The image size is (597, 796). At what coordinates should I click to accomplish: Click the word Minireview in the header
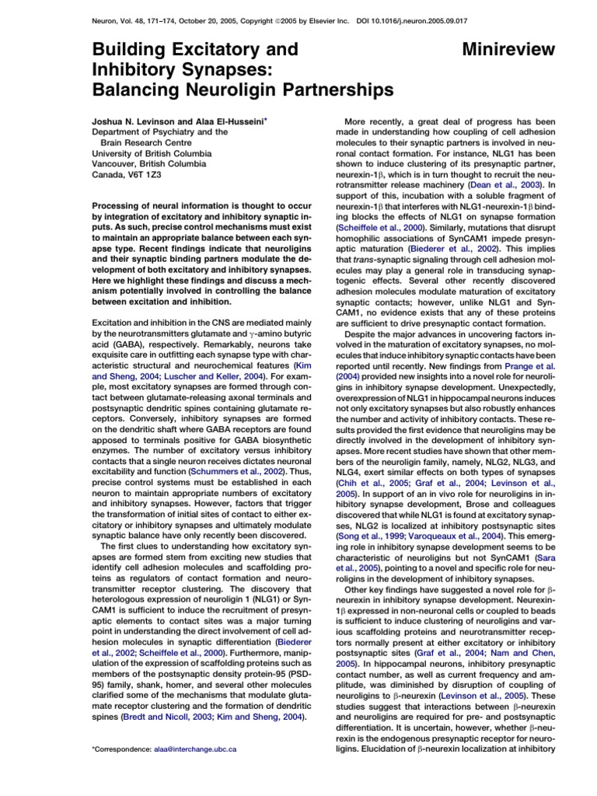[x=508, y=50]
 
